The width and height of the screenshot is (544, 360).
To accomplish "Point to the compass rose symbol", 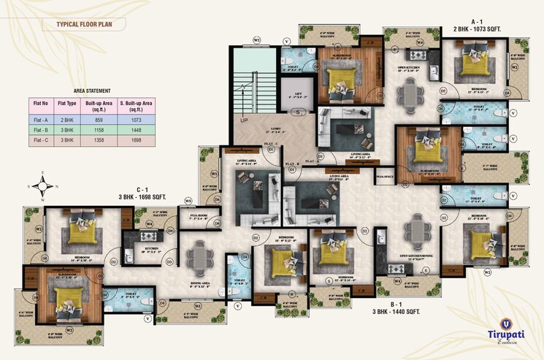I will pos(43,185).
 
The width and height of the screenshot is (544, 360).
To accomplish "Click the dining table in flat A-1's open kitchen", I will pos(411,93).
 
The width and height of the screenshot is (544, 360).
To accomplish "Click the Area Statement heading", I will pos(92,91).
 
